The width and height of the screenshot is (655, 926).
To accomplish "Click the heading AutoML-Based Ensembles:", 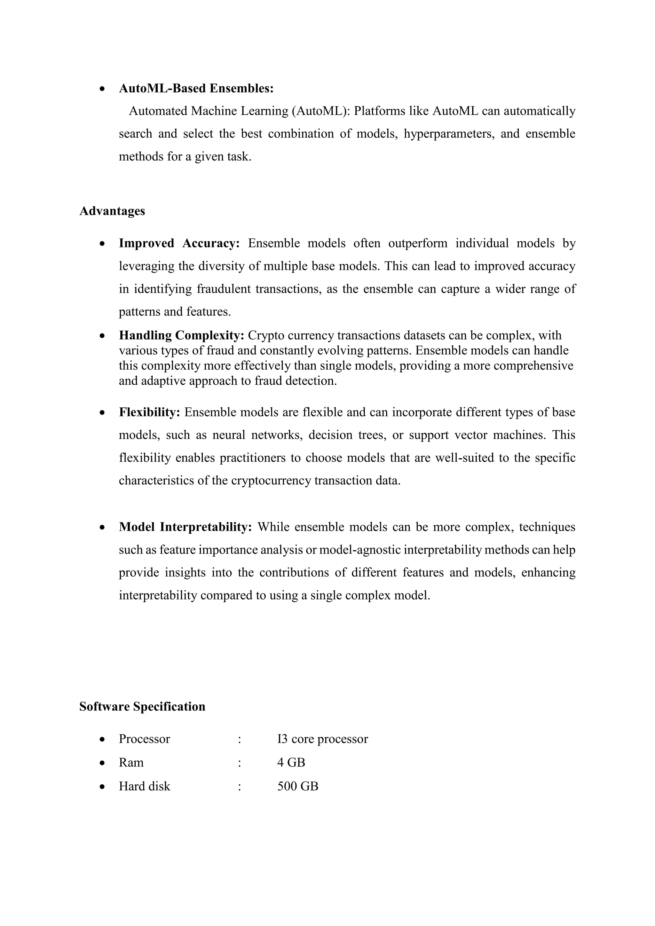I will tap(196, 88).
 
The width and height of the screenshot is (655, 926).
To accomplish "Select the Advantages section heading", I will tap(112, 211).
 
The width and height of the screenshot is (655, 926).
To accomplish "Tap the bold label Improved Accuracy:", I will tap(179, 243).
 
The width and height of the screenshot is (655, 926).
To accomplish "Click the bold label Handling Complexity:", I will tap(181, 335).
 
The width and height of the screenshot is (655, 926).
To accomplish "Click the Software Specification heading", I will tap(142, 706).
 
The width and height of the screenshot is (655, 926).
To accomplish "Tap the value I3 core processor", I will tap(322, 739).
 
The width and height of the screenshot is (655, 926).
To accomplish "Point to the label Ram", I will tap(131, 762).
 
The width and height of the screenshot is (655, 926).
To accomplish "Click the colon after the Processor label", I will tap(240, 739).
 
